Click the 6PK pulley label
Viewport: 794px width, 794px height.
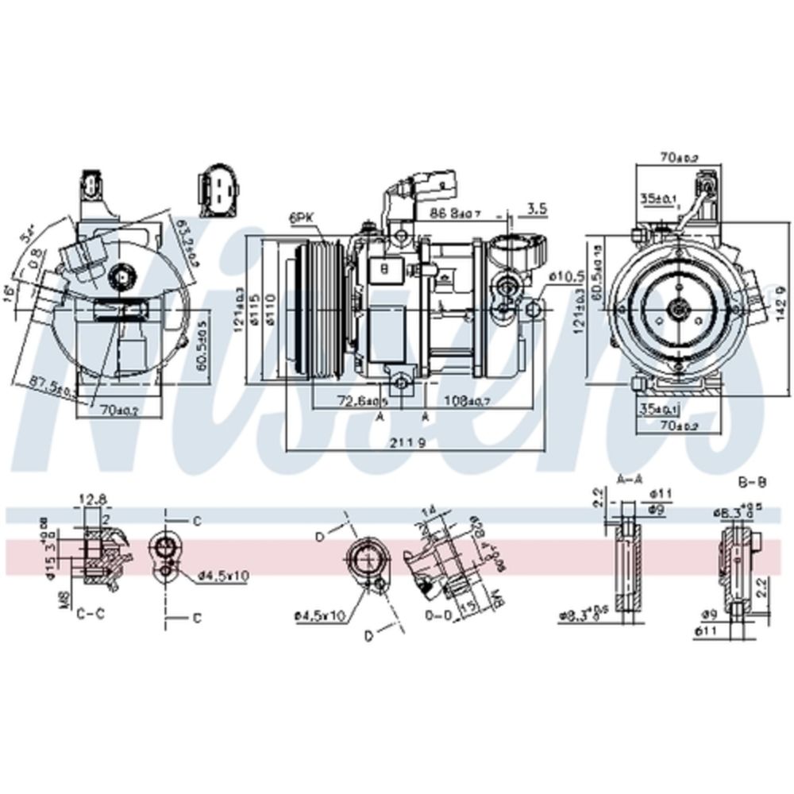tap(302, 216)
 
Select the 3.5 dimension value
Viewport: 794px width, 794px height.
tap(537, 209)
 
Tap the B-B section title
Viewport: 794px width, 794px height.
tap(750, 481)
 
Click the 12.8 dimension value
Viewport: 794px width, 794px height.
tap(92, 499)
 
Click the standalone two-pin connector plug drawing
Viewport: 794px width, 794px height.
tap(217, 191)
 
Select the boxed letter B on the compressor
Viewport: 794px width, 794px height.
tap(384, 269)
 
